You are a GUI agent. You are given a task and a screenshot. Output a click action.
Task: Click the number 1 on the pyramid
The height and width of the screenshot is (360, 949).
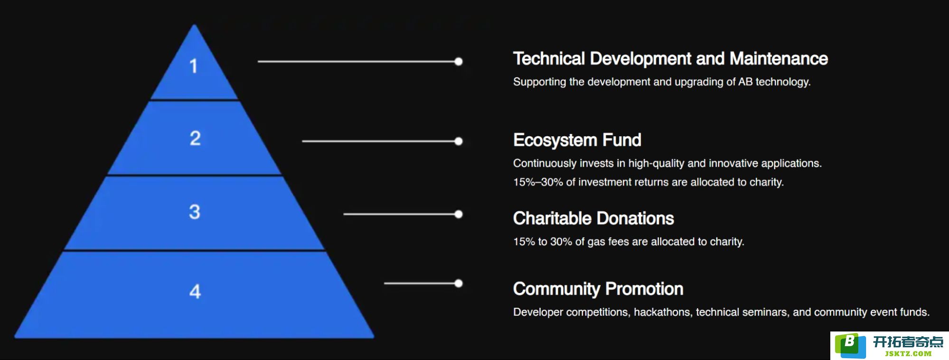click(x=193, y=66)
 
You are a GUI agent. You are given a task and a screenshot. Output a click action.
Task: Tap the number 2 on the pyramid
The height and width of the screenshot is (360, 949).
click(x=195, y=138)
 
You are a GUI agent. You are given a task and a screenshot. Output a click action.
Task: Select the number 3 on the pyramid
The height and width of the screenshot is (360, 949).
click(x=195, y=212)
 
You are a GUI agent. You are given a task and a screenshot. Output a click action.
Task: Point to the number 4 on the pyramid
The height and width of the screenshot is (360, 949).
click(x=195, y=291)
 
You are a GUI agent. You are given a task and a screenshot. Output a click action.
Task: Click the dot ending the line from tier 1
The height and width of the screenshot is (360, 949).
click(x=459, y=61)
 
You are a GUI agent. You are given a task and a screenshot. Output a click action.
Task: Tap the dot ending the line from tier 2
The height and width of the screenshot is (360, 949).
click(x=459, y=141)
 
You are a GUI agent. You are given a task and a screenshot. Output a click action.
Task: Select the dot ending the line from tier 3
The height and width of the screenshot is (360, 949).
click(x=459, y=214)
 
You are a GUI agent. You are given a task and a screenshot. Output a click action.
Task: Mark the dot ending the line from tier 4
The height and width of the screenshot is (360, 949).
click(x=459, y=284)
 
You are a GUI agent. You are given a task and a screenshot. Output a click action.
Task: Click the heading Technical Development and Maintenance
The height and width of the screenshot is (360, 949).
click(x=670, y=59)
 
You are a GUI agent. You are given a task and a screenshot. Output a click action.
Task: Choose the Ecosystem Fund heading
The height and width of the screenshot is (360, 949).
click(x=577, y=140)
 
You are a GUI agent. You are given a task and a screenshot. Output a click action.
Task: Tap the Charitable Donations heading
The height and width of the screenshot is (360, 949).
click(x=593, y=218)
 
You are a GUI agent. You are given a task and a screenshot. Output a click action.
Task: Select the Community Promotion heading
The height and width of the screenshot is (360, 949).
click(x=598, y=289)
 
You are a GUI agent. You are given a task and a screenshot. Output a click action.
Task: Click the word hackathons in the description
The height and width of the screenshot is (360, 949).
click(x=662, y=312)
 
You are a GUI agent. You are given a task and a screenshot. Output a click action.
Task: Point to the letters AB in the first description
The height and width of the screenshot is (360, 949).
click(x=745, y=82)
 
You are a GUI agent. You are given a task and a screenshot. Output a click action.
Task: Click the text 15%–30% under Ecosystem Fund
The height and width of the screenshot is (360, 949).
click(x=538, y=182)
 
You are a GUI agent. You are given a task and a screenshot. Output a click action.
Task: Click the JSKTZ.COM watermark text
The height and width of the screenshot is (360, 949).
click(x=908, y=354)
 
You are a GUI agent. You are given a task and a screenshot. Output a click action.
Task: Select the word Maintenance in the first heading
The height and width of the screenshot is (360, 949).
click(x=779, y=59)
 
